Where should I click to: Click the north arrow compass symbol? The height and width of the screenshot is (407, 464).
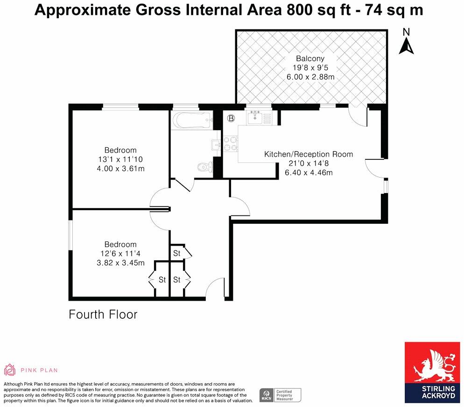coord(406,41)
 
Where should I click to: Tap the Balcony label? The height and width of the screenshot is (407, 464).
coord(310,59)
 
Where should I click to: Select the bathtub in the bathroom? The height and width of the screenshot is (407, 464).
coord(192,120)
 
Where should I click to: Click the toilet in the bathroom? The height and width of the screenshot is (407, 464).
coord(205,167)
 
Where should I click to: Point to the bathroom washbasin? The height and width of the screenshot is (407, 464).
coord(216,145)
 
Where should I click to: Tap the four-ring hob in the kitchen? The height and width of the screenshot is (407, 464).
coord(231,143)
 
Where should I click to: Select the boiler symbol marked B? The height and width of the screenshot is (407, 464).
coord(231,118)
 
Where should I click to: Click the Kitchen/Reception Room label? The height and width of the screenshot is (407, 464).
coord(309,154)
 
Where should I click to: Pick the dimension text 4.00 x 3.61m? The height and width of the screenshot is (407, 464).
coord(121,168)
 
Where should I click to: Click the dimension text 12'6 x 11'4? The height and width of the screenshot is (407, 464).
coord(120,253)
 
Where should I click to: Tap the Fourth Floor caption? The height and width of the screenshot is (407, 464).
coord(103,315)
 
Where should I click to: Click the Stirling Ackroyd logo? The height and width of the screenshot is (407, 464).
coord(432,373)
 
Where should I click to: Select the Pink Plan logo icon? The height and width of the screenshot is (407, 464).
coord(10,370)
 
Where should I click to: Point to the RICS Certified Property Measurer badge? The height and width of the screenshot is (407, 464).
coord(280,395)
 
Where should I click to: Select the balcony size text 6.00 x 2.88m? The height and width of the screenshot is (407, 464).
coord(310,77)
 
